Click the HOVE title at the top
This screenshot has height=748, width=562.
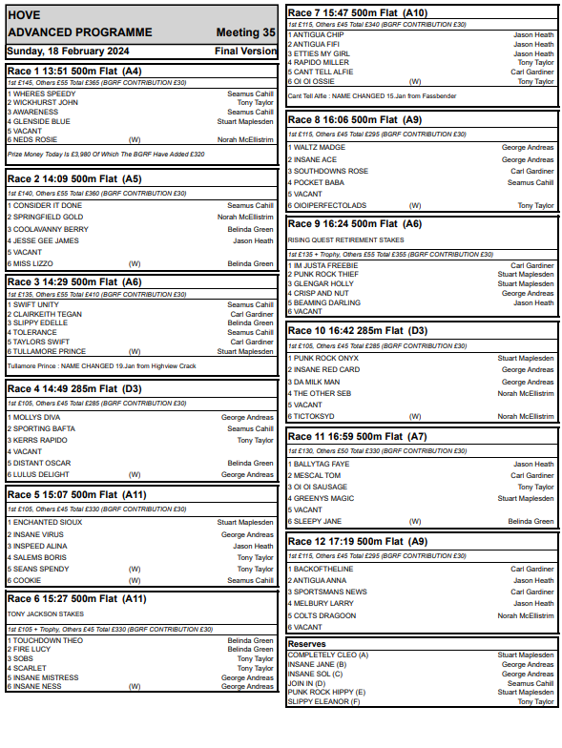24,15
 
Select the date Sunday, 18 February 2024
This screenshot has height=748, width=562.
65,51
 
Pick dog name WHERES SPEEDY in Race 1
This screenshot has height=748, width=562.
44,94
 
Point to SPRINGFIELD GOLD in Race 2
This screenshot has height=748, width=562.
49,218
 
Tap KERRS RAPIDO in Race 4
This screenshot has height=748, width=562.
40,441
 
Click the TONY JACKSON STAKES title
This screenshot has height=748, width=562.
46,614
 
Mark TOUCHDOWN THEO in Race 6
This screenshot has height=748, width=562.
48,640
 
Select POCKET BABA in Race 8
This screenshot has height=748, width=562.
320,182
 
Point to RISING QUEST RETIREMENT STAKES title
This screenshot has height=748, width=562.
343,240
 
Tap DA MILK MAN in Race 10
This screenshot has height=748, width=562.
318,382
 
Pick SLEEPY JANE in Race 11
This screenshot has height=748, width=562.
318,522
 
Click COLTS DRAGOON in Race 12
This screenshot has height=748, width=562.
324,615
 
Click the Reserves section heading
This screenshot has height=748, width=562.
307,644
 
